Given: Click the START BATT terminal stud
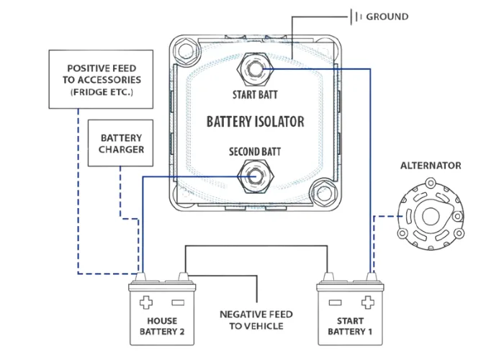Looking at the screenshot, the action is coord(255,69).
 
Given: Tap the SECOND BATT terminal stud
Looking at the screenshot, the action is coord(255,176).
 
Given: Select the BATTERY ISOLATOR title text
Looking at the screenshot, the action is coord(255,122).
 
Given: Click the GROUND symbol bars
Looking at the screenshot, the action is coord(356,17).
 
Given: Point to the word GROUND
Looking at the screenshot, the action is coord(387,17).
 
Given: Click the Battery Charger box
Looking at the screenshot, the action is coord(120,143).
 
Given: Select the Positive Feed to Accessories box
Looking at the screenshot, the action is coord(101,79).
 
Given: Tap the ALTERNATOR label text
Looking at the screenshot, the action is coord(431,166).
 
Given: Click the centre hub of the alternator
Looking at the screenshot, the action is coord(431,216).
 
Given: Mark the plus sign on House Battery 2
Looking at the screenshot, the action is coord(146,302).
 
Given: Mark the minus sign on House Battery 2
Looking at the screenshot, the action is coord(178,302).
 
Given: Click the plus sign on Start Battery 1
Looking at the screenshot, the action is coord(368,302).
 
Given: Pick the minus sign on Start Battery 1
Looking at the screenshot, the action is coord(336,302).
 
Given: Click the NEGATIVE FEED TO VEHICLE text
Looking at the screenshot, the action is coord(256,320).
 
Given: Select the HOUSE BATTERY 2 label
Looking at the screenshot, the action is coord(162,326).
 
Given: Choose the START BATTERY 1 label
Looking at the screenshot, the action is coord(350,326).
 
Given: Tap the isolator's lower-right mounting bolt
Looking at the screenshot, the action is coord(324,194).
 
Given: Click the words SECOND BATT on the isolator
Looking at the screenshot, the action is coord(255,152).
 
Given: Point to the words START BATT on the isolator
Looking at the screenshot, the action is coord(255,95).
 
